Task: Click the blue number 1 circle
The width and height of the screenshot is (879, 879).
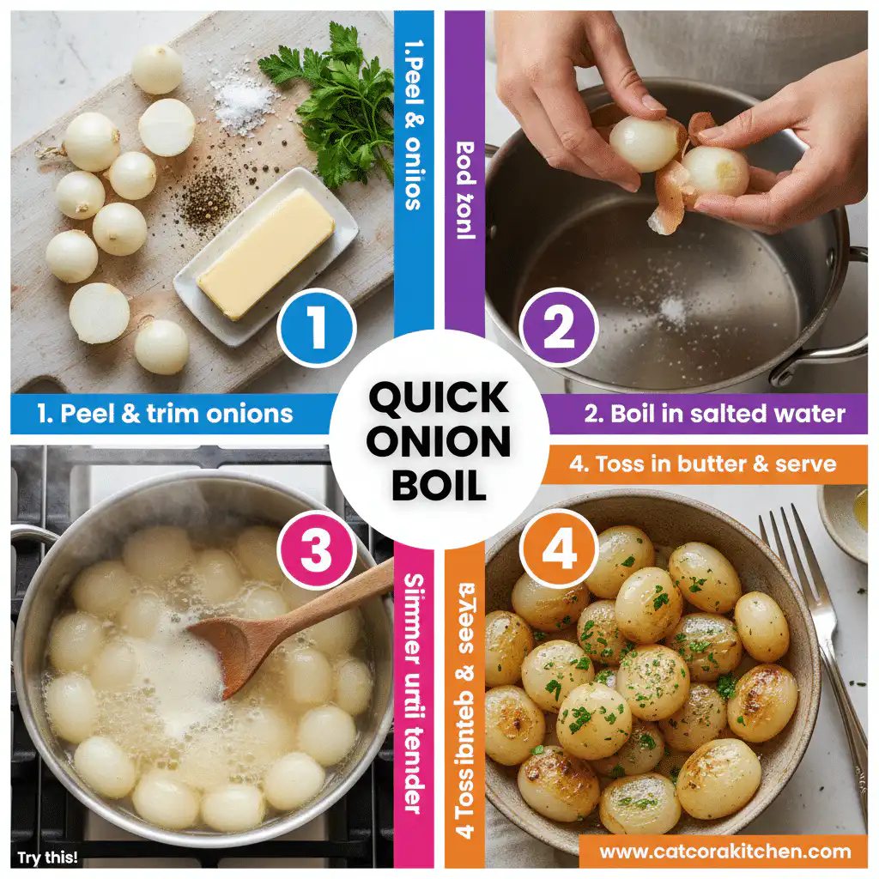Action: click(316, 327)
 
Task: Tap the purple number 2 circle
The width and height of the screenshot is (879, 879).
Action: click(559, 327)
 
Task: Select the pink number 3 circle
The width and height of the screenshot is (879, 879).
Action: click(316, 550)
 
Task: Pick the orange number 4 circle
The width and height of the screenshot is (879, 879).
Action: click(559, 550)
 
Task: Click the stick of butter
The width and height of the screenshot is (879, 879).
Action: click(265, 252)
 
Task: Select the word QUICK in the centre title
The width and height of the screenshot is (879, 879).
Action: click(439, 398)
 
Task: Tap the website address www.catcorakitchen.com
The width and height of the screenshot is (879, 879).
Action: click(724, 852)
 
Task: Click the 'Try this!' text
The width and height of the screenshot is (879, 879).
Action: click(48, 857)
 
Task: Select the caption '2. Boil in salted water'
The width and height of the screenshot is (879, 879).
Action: click(714, 414)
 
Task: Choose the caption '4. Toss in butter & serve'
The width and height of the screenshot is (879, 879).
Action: click(701, 464)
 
